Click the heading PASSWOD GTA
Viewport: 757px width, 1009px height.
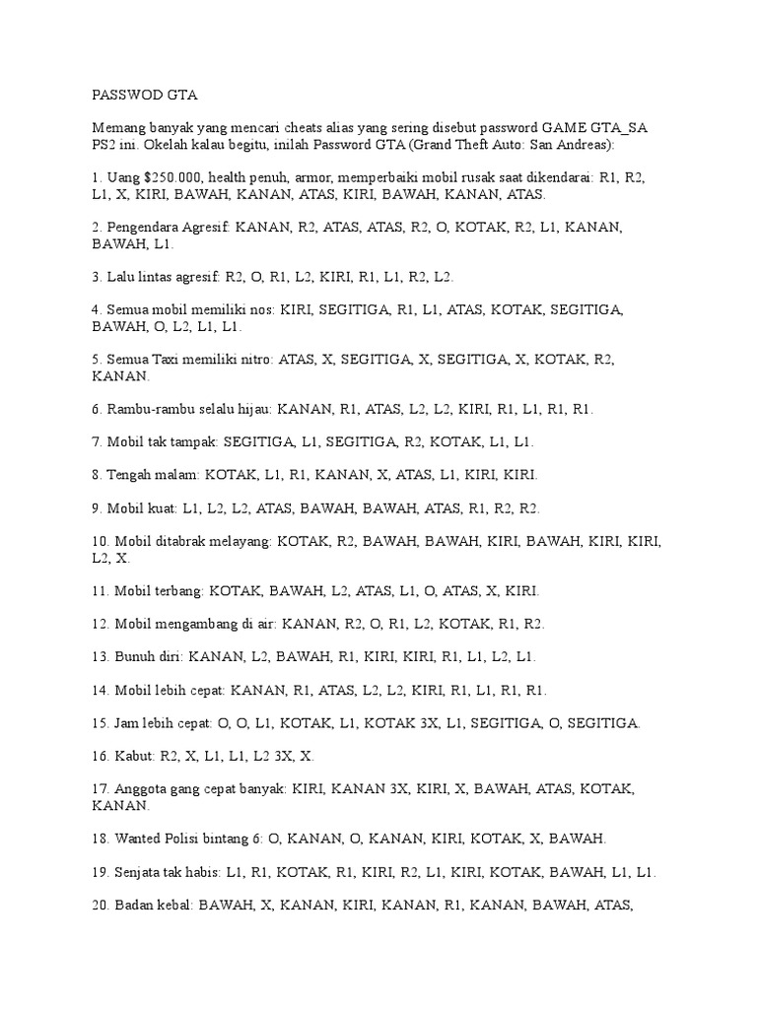coord(144,96)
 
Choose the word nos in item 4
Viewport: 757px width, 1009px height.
coord(258,309)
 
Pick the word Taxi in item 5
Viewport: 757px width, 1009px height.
coord(173,360)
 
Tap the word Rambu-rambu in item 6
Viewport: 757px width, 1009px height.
coord(151,409)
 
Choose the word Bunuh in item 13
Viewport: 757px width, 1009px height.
coord(135,656)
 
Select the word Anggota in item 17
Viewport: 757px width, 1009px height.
coord(142,788)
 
